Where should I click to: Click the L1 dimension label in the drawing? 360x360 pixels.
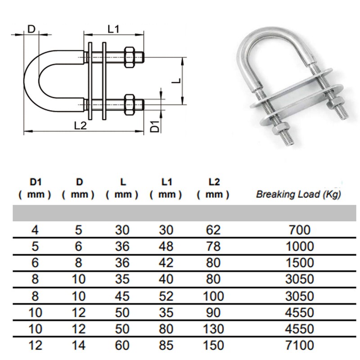tap(113, 29)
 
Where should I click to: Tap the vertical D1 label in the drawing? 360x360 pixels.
tap(154, 126)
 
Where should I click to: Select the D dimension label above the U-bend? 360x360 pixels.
tap(31, 29)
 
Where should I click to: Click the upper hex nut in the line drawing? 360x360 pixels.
tap(129, 57)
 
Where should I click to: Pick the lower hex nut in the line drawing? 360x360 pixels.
tap(129, 104)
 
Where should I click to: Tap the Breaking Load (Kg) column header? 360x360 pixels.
tap(298, 195)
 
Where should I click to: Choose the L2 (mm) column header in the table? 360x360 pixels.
tap(213, 189)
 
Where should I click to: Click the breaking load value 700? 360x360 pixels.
tap(298, 230)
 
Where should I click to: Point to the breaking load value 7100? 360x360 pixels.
tap(298, 346)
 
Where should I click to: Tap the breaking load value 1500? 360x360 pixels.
tap(298, 263)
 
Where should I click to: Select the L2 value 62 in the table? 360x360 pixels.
tap(213, 230)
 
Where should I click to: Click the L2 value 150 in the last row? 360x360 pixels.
tap(213, 346)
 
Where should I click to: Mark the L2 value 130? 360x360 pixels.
tap(213, 329)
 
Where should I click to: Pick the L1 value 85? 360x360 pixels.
tap(166, 346)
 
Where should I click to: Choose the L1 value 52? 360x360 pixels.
tap(166, 296)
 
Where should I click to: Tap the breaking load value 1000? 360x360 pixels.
tap(298, 246)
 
